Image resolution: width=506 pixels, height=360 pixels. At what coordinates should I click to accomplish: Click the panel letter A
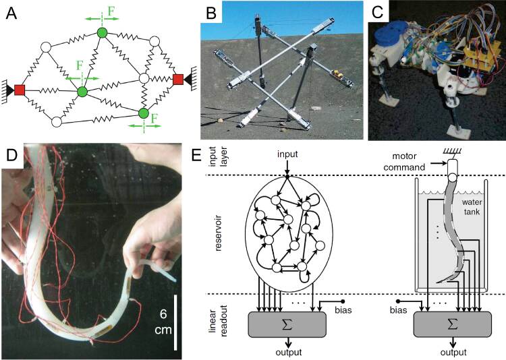point(10,11)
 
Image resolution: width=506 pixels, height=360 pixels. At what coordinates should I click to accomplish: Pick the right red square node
point(178,80)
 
